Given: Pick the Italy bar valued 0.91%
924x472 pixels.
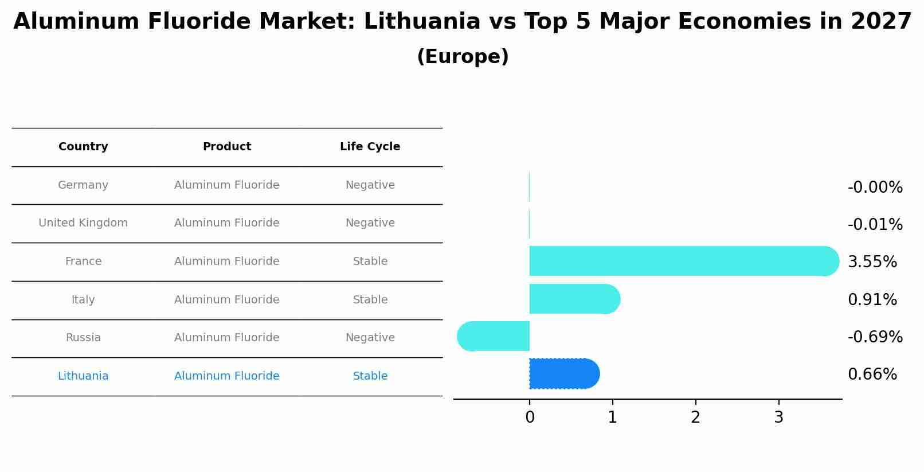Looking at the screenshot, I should [574, 299].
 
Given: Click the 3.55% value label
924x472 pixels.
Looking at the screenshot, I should [872, 262].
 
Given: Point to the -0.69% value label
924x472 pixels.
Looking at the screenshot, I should [875, 337].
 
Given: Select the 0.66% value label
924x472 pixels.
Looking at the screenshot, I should [872, 375].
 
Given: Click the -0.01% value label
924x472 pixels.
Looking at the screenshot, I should [875, 225].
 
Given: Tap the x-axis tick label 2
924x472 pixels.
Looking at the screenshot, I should [695, 418].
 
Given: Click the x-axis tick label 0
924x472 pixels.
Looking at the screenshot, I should [530, 418].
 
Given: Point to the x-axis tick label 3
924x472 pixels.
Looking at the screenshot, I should [778, 418].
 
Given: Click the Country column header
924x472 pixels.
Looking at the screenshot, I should [83, 147].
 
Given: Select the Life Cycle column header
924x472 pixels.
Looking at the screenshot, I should [370, 147].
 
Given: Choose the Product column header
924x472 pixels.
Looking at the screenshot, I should [227, 147].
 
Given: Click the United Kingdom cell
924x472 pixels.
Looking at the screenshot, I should [83, 223].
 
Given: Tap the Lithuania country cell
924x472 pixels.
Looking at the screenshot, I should [83, 376].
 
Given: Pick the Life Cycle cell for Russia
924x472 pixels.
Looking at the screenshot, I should [370, 338].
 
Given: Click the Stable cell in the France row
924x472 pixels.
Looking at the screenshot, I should [370, 262].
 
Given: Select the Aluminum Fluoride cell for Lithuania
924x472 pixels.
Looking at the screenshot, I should [227, 376].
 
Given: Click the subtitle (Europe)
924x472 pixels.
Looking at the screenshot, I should [463, 57].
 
